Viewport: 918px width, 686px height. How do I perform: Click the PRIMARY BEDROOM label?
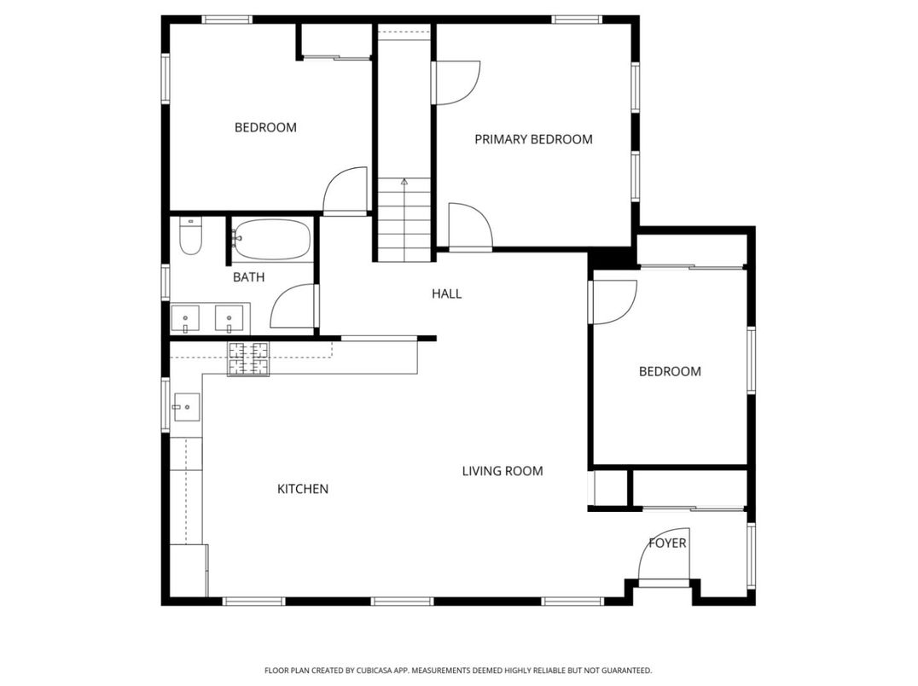coord(533,139)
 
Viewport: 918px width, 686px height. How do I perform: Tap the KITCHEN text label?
coord(303,489)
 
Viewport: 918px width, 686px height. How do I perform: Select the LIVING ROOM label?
coord(503,471)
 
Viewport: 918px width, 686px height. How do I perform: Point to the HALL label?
coord(446,294)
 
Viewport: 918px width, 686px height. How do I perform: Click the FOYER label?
coord(667,543)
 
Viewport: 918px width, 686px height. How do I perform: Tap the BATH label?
coord(248,277)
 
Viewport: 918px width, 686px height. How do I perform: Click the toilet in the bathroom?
coord(189,237)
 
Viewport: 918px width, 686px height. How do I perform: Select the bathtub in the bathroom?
coord(271,240)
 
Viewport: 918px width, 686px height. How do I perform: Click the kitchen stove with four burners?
coord(247,358)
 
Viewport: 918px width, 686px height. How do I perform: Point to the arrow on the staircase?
coord(404,182)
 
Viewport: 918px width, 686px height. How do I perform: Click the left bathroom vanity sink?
coord(186,319)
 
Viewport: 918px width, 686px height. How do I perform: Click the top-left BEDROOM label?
coord(265,127)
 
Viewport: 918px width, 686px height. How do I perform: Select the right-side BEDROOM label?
coord(670,371)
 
